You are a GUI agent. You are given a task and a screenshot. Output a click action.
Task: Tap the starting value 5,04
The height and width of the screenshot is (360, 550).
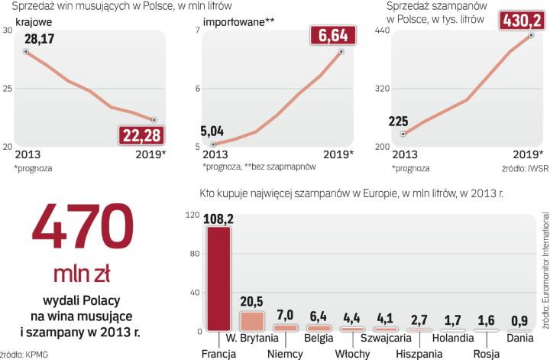pos(213,129)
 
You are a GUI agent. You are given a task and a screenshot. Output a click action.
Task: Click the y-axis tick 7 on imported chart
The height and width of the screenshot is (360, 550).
pos(196,30)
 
